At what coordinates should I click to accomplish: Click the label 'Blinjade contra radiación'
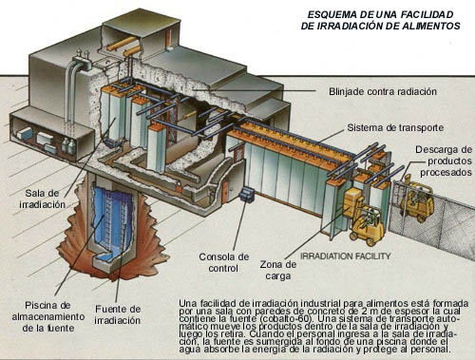click(x=383, y=92)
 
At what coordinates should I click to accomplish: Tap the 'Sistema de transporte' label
click(x=395, y=128)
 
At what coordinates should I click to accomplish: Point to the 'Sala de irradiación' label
click(x=42, y=199)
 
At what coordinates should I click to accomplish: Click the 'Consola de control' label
click(x=223, y=262)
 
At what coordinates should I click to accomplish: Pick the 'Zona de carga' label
click(x=278, y=270)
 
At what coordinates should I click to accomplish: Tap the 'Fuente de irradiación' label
click(x=118, y=314)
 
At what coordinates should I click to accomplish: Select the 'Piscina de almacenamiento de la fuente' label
click(x=48, y=316)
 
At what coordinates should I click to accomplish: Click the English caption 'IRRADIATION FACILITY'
click(x=345, y=256)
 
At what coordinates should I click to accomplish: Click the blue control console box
click(x=247, y=194)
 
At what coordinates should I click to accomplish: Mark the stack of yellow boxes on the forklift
click(x=351, y=202)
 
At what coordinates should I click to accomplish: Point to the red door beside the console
click(x=224, y=192)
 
